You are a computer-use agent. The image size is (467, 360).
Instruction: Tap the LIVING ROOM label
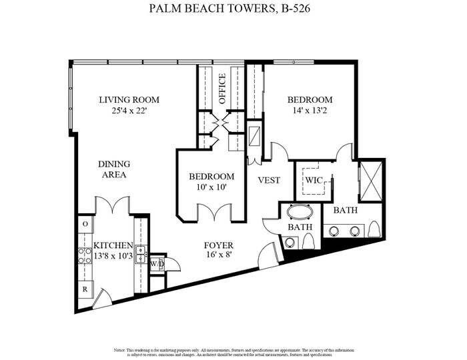129,100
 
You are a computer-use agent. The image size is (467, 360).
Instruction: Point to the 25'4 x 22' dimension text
129,111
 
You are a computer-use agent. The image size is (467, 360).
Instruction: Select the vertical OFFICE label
222,89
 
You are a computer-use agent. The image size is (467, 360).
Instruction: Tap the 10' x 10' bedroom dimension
211,188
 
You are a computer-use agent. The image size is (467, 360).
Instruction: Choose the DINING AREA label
113,169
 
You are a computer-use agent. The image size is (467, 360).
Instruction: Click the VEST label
269,181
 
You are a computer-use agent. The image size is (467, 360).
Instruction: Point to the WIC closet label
314,180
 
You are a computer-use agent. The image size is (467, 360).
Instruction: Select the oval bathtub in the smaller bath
300,214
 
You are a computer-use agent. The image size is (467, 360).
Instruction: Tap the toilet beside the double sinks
375,230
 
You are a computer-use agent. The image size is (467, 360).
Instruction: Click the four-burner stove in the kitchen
85,256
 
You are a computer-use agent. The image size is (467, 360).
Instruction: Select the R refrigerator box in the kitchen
85,290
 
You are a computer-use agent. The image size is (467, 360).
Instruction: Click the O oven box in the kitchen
85,225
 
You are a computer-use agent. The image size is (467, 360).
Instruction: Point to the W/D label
157,264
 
